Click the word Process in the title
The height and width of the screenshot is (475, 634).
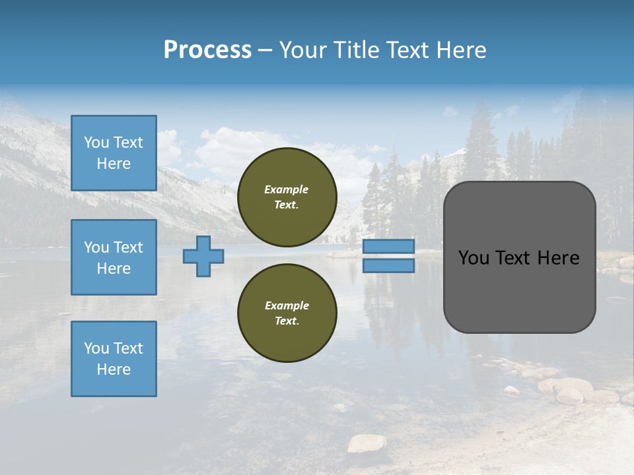(207, 50)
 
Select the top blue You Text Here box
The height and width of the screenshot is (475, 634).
(114, 153)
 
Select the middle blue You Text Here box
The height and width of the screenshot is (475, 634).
(114, 257)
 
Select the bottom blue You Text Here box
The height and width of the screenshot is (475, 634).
(114, 359)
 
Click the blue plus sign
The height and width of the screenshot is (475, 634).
(203, 256)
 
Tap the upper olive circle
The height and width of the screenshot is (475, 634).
(287, 197)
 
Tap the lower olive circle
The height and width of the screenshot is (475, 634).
(287, 313)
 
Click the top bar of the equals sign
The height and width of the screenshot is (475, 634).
(388, 246)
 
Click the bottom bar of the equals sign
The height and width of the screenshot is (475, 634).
(388, 265)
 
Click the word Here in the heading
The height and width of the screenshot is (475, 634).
(460, 50)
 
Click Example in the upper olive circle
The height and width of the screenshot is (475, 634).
(286, 190)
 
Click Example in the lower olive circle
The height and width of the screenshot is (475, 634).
(287, 306)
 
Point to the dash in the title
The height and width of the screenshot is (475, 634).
(265, 51)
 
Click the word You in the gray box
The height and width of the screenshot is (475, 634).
(474, 258)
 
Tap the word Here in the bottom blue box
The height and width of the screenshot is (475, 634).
(114, 369)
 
